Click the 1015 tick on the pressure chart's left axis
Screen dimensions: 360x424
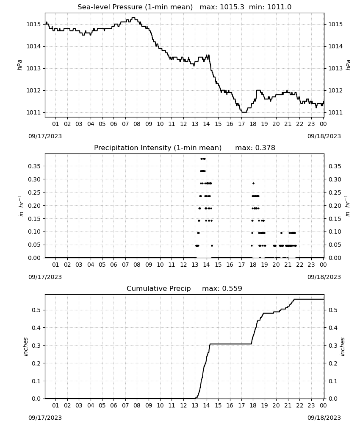point(33,24)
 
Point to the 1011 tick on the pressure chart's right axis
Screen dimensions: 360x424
point(335,112)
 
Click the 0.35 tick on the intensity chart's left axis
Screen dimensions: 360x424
point(34,166)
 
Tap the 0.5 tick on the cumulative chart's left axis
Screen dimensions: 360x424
point(36,310)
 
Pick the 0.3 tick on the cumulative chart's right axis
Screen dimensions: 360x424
point(333,345)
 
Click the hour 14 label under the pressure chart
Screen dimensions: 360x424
point(206,124)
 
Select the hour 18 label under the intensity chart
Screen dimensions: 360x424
point(253,265)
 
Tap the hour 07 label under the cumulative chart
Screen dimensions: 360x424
point(125,405)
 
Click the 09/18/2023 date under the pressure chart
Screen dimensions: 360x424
point(324,136)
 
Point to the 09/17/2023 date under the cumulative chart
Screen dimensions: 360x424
point(45,418)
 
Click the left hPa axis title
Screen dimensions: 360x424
point(19,65)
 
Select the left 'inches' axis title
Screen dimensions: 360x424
point(25,346)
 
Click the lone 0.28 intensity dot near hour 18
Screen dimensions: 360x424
point(253,183)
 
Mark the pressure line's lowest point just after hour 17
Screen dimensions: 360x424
point(244,112)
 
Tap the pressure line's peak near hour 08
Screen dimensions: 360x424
point(133,17)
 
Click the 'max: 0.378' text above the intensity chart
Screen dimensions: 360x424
point(255,148)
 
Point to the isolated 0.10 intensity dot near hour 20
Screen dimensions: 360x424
point(281,233)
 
